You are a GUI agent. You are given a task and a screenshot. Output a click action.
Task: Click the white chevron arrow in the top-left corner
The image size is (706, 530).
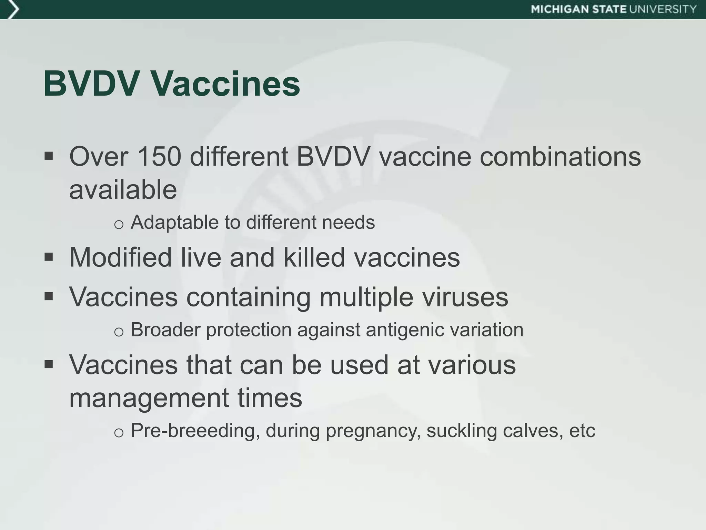pos(12,9)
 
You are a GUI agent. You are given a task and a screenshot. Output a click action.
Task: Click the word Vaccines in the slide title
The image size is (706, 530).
pos(226,84)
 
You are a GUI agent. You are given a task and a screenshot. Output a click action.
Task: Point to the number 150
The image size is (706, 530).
pos(159,157)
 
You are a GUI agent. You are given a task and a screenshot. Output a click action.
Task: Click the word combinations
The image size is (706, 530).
pos(560,157)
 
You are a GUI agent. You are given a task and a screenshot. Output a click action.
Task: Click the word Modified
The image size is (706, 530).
pos(120,257)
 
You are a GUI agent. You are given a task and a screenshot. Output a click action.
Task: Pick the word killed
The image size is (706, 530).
pos(314,257)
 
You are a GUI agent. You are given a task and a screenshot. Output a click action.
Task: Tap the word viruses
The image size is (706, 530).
pos(465,297)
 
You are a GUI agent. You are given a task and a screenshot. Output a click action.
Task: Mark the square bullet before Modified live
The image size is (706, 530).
pos(49,257)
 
